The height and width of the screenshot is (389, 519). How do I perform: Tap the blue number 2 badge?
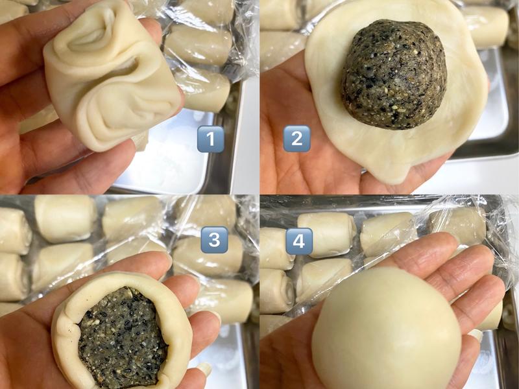pos(296,139)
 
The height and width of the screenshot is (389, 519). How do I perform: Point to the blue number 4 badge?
pos(299,241)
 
